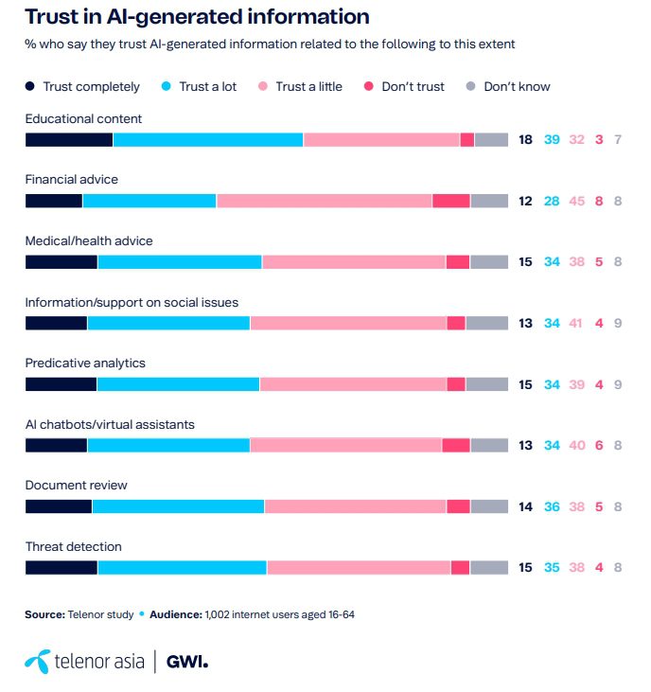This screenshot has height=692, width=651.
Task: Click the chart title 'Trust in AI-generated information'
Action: click(x=196, y=17)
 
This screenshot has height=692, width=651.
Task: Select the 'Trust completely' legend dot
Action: click(x=30, y=87)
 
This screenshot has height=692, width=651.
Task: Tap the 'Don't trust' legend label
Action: click(x=413, y=87)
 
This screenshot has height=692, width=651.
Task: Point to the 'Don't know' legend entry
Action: click(x=517, y=87)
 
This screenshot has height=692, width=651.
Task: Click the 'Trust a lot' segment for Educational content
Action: click(x=208, y=140)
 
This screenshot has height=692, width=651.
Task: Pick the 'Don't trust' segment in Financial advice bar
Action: click(x=451, y=201)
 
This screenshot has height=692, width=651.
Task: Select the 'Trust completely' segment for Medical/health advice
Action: click(x=62, y=262)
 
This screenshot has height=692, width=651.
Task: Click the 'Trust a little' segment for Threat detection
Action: click(x=359, y=568)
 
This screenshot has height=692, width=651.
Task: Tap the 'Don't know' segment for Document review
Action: click(x=489, y=506)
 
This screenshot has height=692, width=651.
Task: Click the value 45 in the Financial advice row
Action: click(x=577, y=201)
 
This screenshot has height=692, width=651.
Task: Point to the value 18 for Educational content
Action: click(x=526, y=140)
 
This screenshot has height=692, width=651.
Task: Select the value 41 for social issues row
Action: click(x=577, y=323)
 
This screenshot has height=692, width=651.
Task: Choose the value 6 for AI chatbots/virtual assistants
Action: click(x=600, y=446)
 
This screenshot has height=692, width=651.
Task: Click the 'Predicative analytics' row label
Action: click(x=85, y=364)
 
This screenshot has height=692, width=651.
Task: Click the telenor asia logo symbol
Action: click(x=38, y=662)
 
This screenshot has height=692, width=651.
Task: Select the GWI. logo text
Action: click(x=186, y=662)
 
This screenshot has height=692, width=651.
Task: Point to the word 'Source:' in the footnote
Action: click(x=44, y=614)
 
